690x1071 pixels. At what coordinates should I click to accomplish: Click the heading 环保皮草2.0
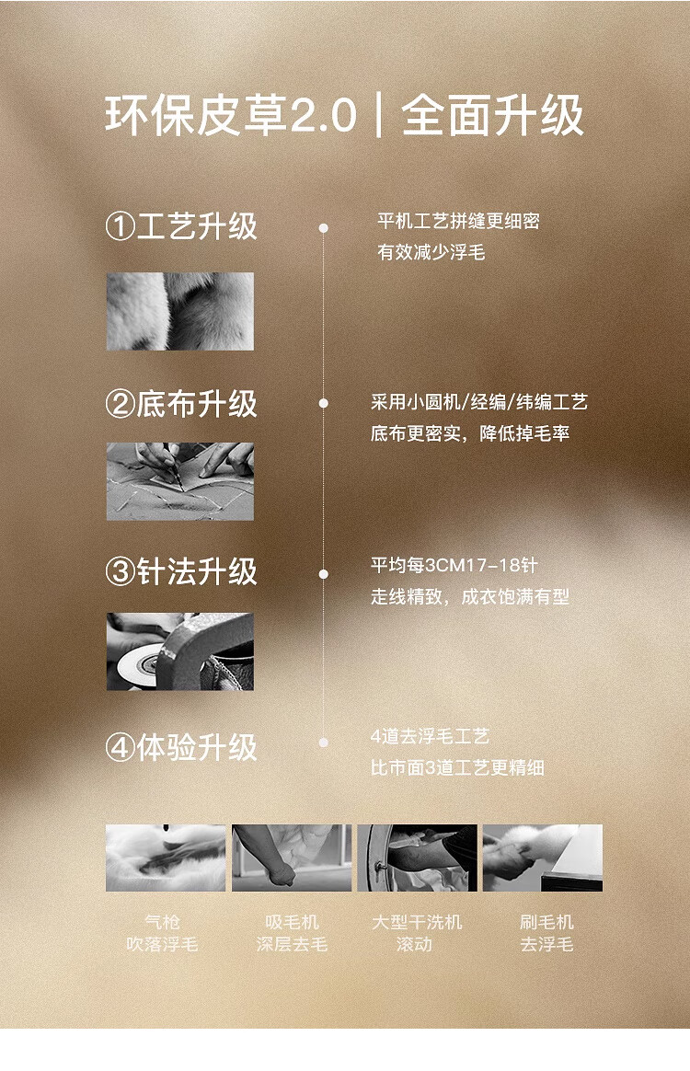[231, 115]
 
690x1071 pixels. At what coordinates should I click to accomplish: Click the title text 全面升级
[492, 115]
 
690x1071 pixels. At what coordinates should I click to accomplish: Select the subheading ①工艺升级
[181, 226]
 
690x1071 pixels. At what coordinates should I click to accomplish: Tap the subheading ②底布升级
[181, 404]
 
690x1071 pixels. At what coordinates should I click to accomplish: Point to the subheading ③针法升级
[181, 571]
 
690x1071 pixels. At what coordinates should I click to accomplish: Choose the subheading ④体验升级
[181, 747]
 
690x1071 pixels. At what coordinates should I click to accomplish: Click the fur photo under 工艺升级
[180, 312]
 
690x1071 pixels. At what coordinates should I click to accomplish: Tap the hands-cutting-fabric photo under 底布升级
[180, 481]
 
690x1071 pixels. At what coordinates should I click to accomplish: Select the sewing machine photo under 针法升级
[180, 651]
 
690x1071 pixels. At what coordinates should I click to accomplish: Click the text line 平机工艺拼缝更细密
[458, 222]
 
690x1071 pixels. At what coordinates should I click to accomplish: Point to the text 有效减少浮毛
[431, 253]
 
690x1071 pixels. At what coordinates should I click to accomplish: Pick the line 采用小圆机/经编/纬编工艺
[479, 402]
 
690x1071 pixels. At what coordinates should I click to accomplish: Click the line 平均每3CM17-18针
[454, 566]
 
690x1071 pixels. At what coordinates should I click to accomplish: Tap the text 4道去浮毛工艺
[430, 736]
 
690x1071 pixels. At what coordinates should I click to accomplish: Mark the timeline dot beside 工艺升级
[323, 228]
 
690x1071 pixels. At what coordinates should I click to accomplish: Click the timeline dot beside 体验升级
[323, 743]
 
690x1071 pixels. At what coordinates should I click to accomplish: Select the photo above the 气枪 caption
[166, 858]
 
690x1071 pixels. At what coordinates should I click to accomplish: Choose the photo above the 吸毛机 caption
[292, 858]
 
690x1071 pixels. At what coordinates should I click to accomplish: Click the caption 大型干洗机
[417, 922]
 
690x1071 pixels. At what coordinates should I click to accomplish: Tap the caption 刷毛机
[546, 922]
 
